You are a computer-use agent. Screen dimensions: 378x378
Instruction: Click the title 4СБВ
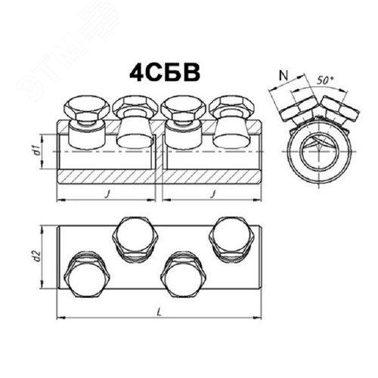[x=165, y=73]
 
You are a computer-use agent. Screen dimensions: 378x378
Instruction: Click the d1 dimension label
[x=37, y=150]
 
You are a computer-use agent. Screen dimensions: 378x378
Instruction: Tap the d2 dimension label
[x=37, y=256]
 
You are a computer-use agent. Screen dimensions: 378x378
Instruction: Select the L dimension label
[x=159, y=312]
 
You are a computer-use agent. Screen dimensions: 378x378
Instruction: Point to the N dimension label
[x=283, y=75]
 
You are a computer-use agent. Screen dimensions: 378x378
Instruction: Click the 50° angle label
[x=325, y=80]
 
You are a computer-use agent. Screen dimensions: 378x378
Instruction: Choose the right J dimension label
[x=214, y=194]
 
